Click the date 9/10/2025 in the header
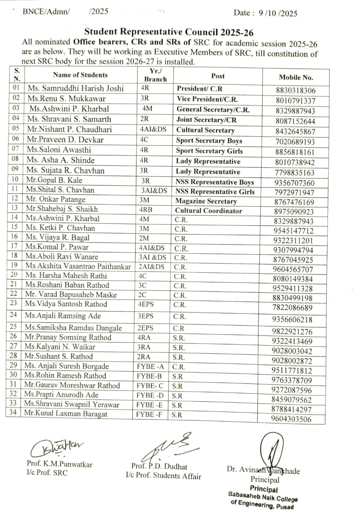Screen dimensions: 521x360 click(278, 13)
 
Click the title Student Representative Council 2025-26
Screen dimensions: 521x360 click(171, 32)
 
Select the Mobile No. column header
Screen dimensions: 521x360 click(296, 77)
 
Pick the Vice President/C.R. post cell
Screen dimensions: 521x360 click(207, 99)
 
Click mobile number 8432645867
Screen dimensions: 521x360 click(295, 131)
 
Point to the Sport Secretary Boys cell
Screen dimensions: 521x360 click(209, 141)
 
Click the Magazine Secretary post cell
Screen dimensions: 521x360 click(206, 201)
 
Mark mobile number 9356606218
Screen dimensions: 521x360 click(293, 320)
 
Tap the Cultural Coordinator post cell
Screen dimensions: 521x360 click(209, 211)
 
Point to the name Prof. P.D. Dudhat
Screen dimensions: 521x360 click(159, 466)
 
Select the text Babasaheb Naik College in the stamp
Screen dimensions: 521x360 click(263, 497)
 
